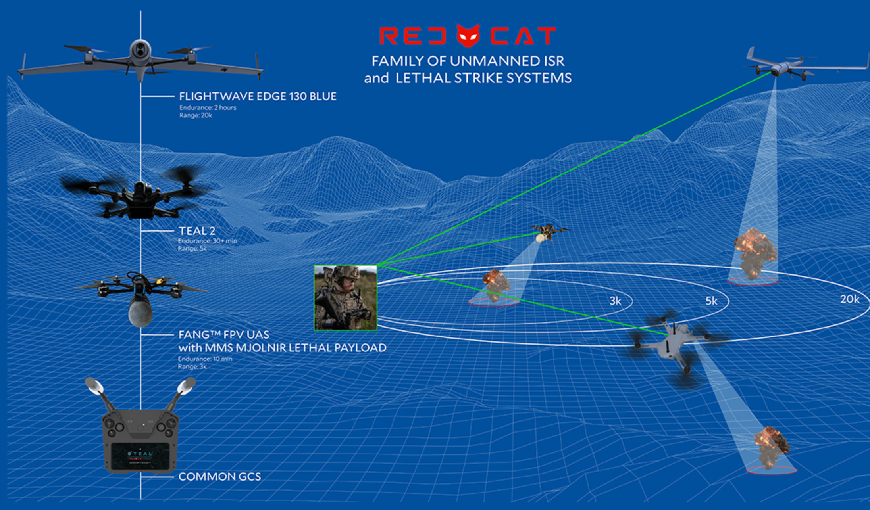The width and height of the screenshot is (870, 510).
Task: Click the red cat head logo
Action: [x=468, y=36]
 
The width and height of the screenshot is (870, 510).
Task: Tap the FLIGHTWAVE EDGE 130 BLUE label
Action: [x=258, y=96]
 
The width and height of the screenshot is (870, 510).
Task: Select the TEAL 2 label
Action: [x=197, y=231]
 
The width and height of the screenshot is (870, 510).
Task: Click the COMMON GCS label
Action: [x=219, y=476]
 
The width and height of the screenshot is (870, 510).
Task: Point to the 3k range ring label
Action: [x=615, y=301]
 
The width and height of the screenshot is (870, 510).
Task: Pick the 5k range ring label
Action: [x=711, y=301]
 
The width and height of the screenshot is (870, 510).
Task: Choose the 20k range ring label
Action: [x=849, y=299]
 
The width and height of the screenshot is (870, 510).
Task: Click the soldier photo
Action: [x=345, y=298]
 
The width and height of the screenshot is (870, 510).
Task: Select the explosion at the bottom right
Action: [x=771, y=447]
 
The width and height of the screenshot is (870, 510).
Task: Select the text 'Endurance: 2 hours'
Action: [x=208, y=107]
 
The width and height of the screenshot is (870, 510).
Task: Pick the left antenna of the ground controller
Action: [x=99, y=393]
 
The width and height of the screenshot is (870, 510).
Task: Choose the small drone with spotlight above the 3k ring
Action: [x=548, y=232]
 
